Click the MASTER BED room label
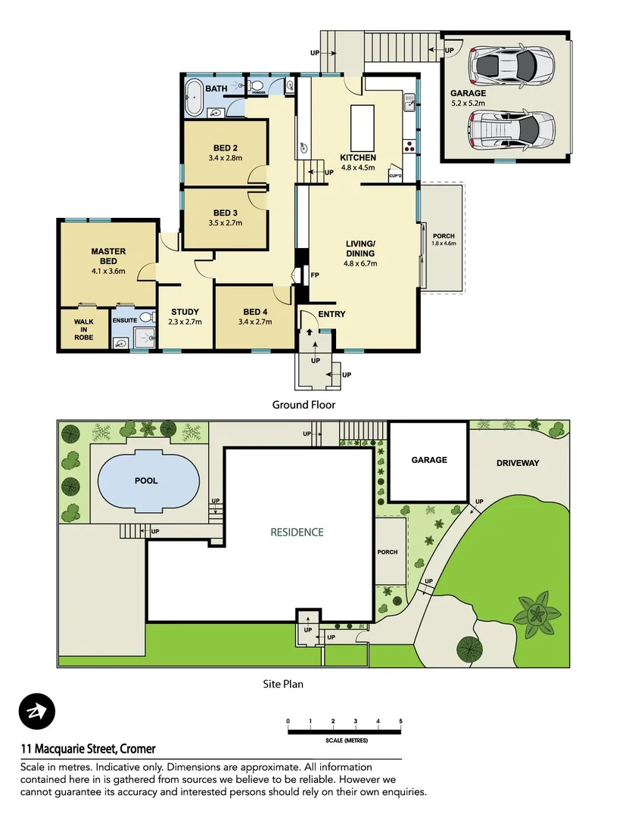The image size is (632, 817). pos(108,256)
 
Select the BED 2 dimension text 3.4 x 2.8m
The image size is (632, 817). pos(226,158)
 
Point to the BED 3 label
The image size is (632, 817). pos(226,213)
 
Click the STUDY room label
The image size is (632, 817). pos(185,312)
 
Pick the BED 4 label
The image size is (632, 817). pos(255,312)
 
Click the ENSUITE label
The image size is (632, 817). pos(125,320)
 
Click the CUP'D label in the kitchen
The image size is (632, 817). pos(394,176)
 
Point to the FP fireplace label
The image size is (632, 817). pos(313,275)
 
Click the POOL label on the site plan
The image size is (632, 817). pos(147,480)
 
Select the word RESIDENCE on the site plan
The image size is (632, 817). pos(297,532)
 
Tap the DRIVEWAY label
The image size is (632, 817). pos(518,462)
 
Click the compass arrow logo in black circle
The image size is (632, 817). pos(37,712)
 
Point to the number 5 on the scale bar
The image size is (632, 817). pos(400,721)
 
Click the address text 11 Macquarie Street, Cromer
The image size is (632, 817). pos(88,749)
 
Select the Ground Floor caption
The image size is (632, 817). pos(304,405)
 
